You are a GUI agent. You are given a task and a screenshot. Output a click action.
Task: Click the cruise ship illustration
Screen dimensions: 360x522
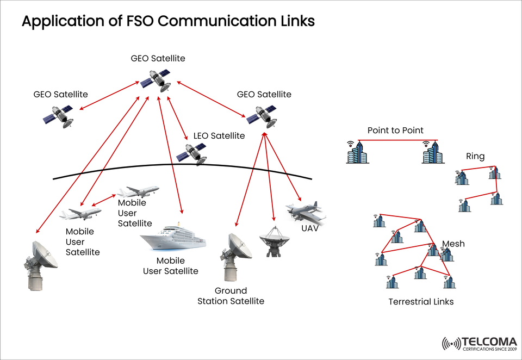tap(173, 238)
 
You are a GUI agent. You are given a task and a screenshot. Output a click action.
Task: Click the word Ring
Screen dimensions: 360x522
tap(475, 157)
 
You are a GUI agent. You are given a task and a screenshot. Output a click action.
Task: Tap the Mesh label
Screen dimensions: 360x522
tap(453, 244)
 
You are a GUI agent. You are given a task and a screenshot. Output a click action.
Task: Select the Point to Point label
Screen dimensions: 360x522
tap(395, 131)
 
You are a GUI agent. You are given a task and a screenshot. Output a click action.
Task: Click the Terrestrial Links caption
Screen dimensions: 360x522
tap(421, 301)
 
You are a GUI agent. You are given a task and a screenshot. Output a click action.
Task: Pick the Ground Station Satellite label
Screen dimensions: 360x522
tap(231, 296)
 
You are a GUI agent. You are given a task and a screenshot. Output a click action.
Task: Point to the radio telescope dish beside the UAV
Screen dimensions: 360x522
tap(275, 240)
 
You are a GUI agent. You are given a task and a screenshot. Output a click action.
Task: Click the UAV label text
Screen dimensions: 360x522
tap(310, 228)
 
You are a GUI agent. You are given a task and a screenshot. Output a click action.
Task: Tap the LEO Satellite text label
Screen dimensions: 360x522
tap(219, 136)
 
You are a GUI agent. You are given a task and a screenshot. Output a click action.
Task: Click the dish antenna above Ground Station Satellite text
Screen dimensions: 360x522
tap(235, 256)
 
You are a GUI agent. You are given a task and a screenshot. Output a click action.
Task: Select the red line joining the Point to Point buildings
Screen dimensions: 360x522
tap(395, 141)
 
